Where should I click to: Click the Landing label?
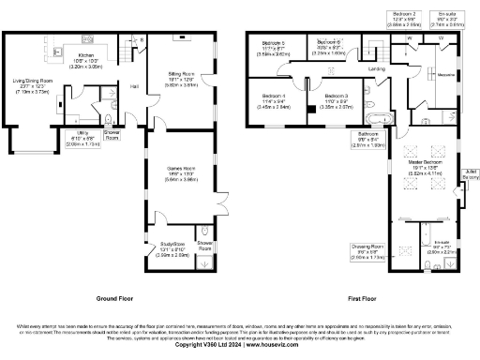(x=376, y=68)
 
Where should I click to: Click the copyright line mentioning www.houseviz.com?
(x=239, y=345)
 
